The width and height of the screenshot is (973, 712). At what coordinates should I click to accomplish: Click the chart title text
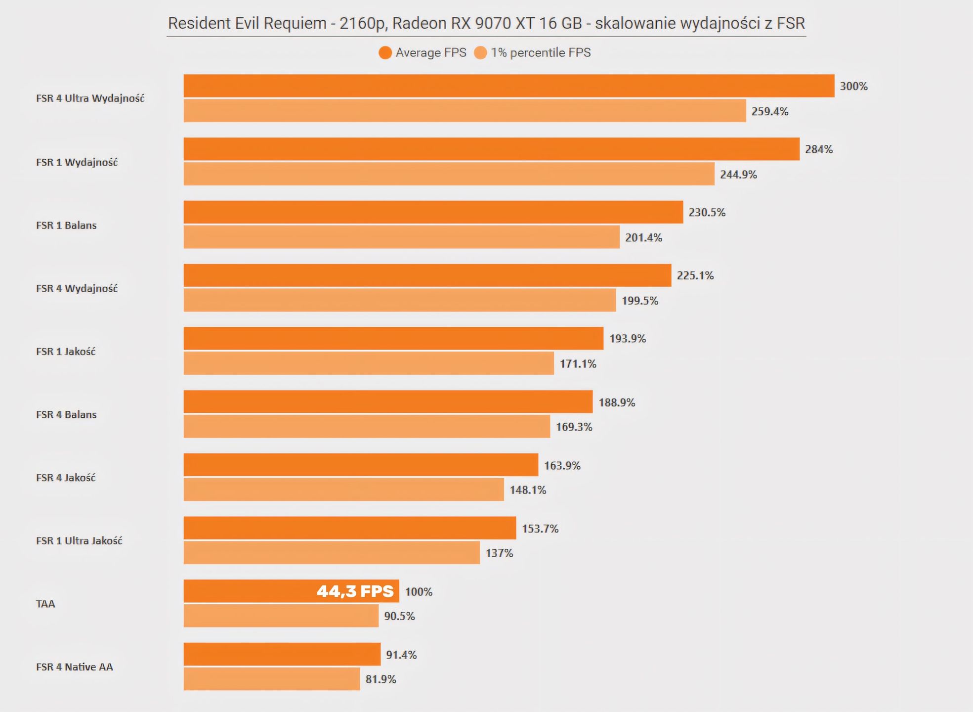[486, 23]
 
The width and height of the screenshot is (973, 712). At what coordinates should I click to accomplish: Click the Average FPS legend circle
[385, 53]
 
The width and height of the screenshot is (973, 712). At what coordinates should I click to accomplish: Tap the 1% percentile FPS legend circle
[480, 53]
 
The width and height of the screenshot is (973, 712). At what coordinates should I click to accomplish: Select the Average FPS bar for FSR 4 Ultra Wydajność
[509, 86]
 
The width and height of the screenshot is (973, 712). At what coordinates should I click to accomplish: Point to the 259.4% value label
[770, 111]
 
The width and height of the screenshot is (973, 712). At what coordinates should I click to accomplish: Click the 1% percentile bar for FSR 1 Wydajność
[449, 174]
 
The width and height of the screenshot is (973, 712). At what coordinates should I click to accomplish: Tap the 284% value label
[819, 149]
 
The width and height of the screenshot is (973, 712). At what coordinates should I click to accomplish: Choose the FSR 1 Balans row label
[66, 225]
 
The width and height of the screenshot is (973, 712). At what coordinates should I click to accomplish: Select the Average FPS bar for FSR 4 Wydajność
[427, 275]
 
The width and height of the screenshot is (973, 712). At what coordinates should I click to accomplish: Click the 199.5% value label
[640, 301]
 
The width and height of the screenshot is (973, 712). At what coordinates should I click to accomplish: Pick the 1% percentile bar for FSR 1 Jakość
[369, 363]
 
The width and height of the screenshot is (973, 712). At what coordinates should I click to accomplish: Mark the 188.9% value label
[617, 402]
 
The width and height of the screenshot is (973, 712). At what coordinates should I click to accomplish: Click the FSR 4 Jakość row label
[66, 478]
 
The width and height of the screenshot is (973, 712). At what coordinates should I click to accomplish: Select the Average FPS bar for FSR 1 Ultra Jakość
[350, 528]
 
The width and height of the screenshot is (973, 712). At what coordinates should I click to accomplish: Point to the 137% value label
[499, 553]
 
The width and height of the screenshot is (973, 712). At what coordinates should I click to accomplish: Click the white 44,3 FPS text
[355, 591]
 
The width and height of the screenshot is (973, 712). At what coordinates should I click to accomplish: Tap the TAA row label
[45, 604]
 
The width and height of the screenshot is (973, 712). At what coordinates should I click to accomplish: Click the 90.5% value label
[399, 616]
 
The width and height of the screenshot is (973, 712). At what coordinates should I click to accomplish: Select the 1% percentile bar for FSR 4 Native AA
[272, 679]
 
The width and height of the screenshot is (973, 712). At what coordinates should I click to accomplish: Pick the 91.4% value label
[401, 655]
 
